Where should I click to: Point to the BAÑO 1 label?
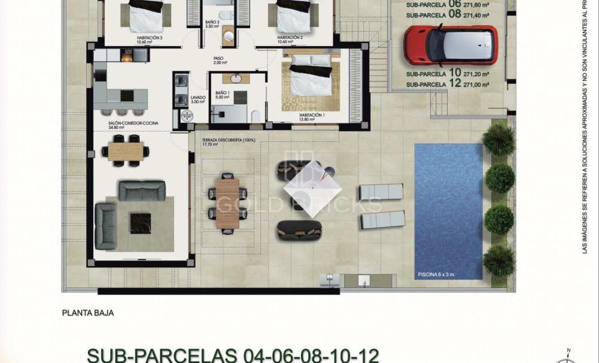click(x=222, y=95)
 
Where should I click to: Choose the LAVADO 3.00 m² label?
click(x=198, y=99)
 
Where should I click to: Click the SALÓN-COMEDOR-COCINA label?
click(x=125, y=125)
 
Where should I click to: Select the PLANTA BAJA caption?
click(x=88, y=312)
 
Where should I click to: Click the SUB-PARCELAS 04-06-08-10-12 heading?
click(x=233, y=355)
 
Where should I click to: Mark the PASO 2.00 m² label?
click(x=218, y=60)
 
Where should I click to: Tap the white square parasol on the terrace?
click(x=311, y=186)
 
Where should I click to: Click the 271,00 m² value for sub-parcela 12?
click(x=477, y=84)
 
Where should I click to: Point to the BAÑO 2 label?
click(x=213, y=25)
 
